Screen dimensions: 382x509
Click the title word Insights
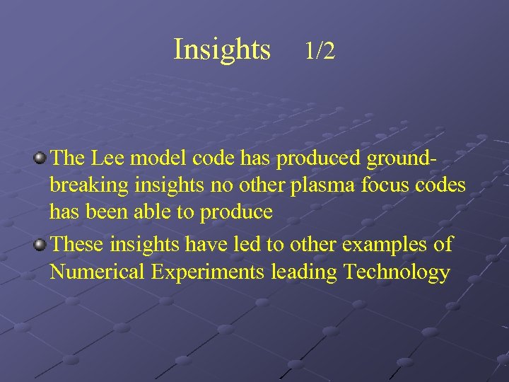tap(222, 50)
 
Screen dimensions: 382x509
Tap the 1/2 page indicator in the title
tap(320, 51)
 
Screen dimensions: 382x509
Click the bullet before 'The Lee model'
tap(41, 157)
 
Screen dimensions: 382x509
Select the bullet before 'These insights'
tap(41, 245)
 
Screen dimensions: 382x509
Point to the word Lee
tap(109, 158)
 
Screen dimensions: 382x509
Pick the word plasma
tap(321, 186)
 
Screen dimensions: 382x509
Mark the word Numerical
tap(99, 272)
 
